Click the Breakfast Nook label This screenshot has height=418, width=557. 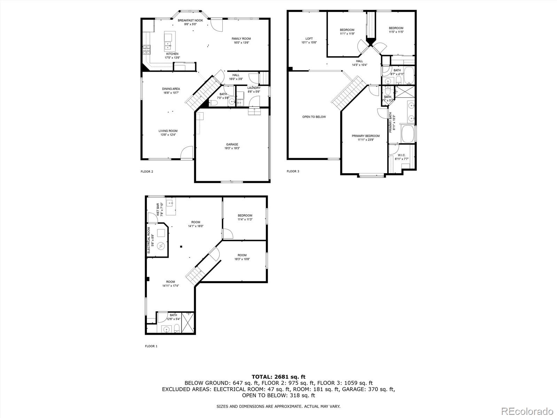(x=190, y=21)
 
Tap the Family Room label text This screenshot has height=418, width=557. (x=241, y=39)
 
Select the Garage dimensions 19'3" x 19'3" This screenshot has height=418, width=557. (x=232, y=148)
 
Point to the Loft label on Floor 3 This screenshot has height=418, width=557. (x=309, y=39)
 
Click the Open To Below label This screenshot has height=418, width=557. (x=314, y=117)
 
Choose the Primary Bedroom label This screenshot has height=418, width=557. (x=366, y=136)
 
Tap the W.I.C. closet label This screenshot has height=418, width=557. (x=401, y=155)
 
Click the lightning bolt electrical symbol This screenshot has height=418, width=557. (x=161, y=246)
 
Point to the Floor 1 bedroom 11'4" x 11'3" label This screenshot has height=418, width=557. (x=245, y=215)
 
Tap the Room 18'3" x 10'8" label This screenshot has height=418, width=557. (x=242, y=255)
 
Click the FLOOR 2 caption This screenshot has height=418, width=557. (x=147, y=171)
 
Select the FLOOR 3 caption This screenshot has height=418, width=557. (x=293, y=171)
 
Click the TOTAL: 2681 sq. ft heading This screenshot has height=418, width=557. (x=278, y=377)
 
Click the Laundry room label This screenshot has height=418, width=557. (x=254, y=88)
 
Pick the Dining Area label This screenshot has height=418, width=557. (x=171, y=89)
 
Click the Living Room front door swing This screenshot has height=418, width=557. (x=187, y=153)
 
